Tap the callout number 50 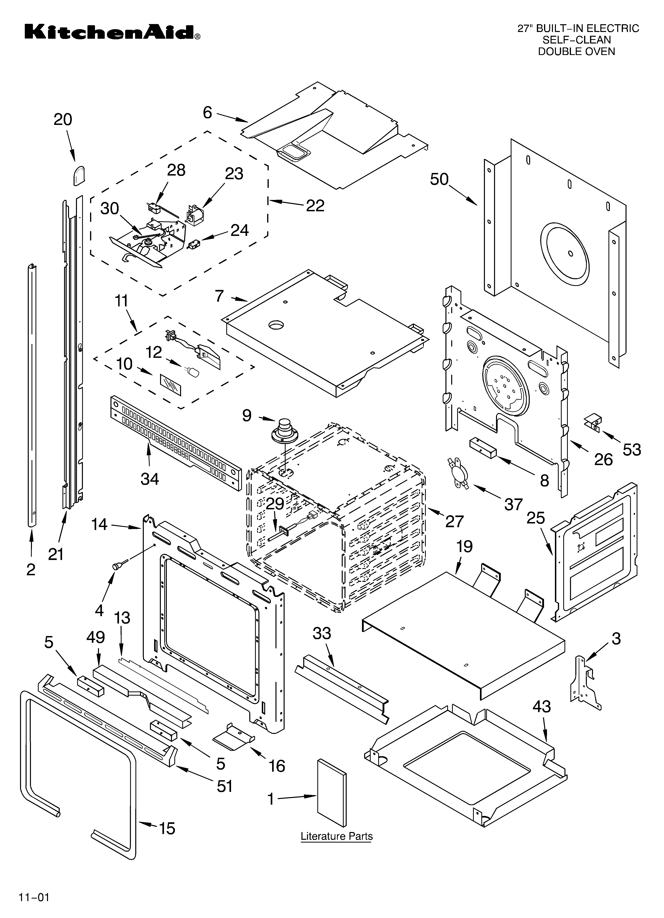click(439, 179)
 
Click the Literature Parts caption click(336, 836)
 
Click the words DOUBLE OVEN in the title click(576, 51)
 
